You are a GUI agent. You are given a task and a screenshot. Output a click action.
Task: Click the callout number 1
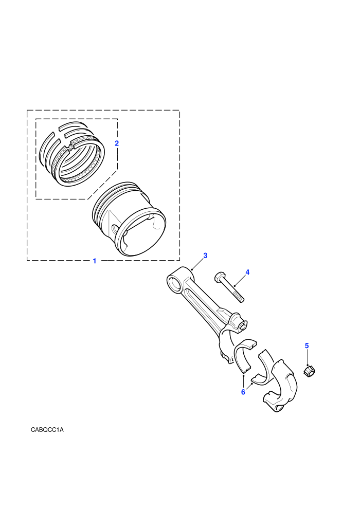pos(95,261)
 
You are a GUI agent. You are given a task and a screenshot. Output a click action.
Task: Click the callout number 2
pos(117,143)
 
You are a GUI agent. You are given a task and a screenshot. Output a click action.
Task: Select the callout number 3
pos(205,256)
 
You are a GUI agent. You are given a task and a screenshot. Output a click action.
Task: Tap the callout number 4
pos(247,272)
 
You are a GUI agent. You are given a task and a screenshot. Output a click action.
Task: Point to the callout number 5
pos(307,346)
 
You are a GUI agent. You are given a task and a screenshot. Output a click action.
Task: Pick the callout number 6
pos(243,392)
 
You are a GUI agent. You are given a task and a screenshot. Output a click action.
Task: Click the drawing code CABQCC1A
pos(47,430)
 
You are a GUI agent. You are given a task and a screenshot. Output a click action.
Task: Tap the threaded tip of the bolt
pos(241,299)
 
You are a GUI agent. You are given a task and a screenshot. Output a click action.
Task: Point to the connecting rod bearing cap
pos(280,386)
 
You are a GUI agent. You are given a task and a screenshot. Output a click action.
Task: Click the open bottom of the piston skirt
pos(141,233)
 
